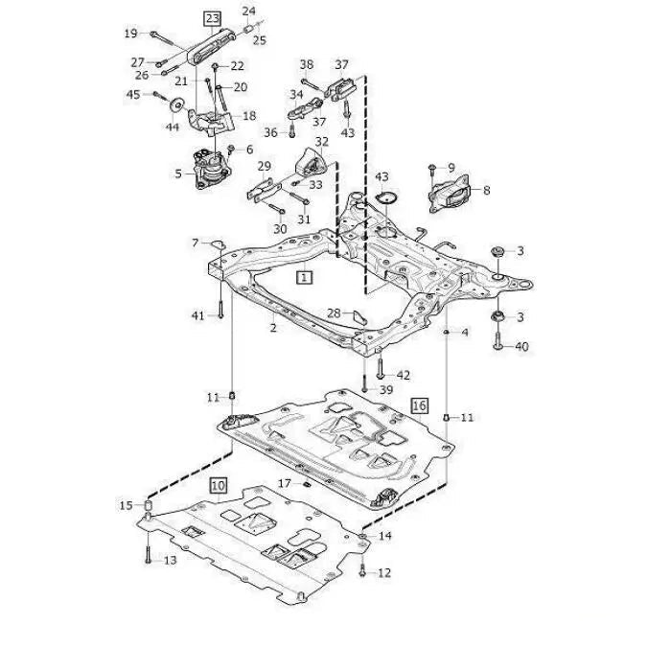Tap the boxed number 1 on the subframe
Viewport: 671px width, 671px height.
click(304, 278)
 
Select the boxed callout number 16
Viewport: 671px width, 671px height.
click(419, 405)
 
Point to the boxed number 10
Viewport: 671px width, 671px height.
click(218, 486)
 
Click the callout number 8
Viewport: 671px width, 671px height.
click(486, 191)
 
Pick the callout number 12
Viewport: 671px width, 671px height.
click(384, 573)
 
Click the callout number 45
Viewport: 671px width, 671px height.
click(133, 94)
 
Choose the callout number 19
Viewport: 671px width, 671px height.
click(130, 35)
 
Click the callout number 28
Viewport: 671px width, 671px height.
click(334, 313)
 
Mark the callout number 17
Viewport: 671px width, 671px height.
click(284, 482)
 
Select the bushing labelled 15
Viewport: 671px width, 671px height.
click(150, 505)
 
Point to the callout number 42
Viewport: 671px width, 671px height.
click(404, 375)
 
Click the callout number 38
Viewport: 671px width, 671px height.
click(306, 65)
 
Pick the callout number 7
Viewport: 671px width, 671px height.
click(196, 242)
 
